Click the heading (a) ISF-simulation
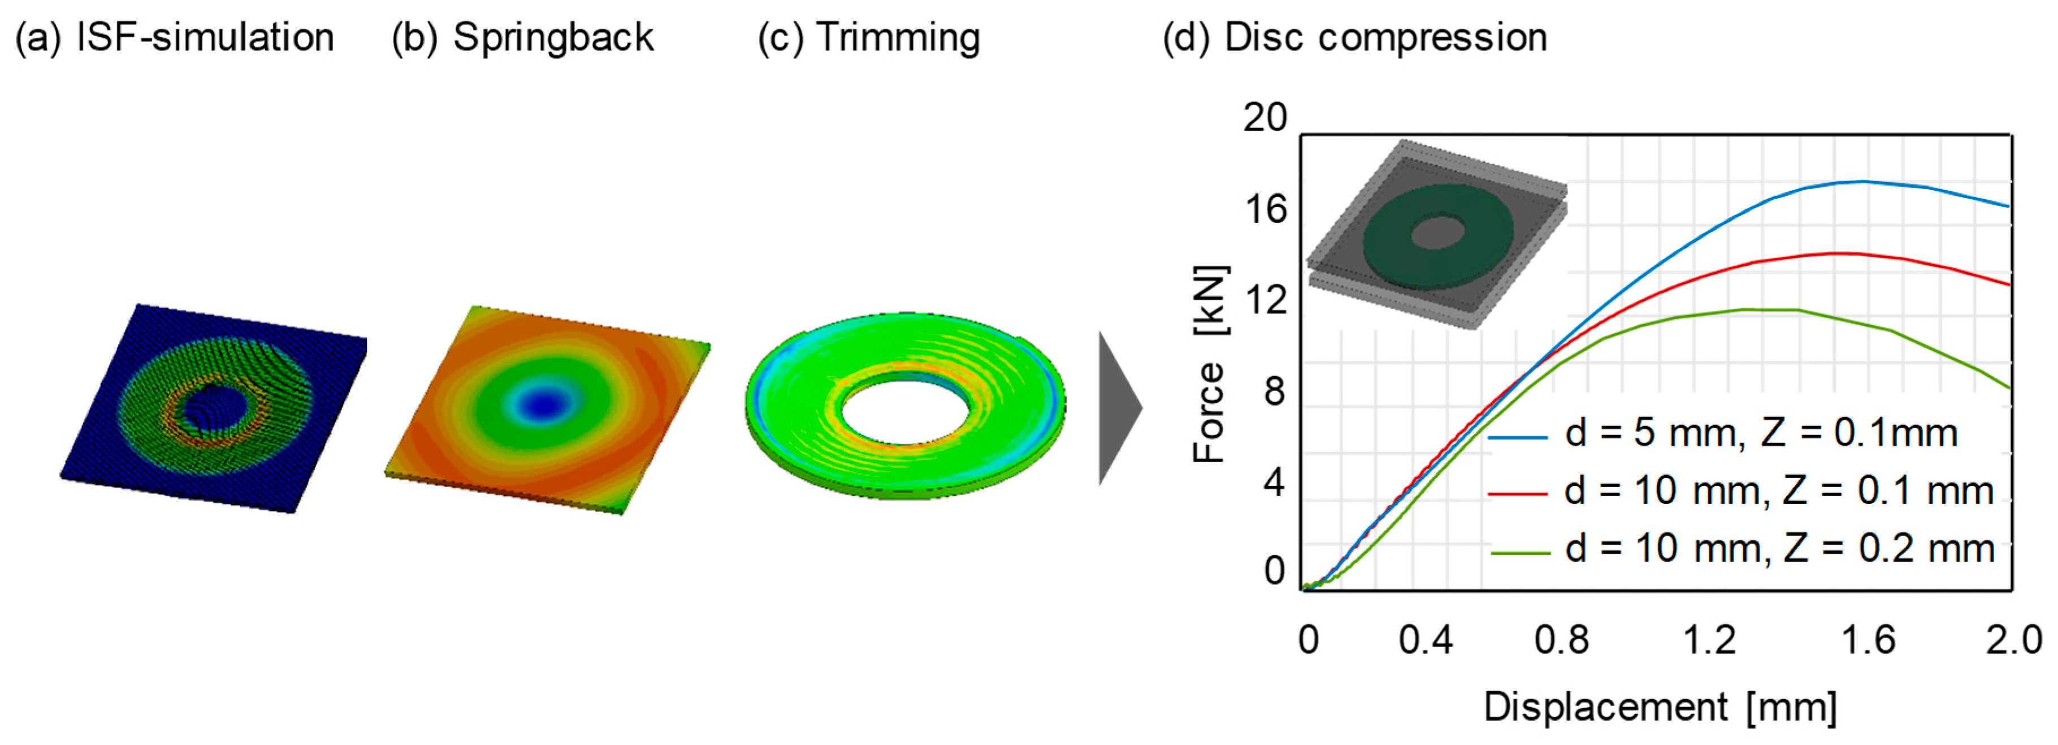174,37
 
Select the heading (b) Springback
522,37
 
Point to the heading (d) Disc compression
1354,37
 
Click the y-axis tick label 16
1266,209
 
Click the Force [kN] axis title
1210,364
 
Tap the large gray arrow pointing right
1119,408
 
